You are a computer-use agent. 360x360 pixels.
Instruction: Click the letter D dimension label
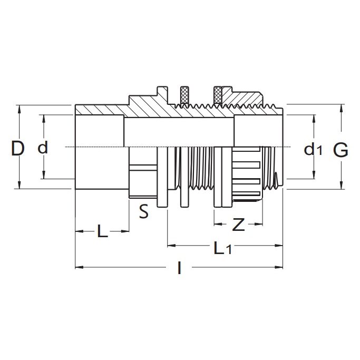18,149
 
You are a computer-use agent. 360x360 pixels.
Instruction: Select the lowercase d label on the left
43,149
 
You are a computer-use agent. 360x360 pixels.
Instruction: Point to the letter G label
340,150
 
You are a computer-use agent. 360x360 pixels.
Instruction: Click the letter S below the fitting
143,212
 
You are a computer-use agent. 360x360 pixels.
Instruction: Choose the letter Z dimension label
239,225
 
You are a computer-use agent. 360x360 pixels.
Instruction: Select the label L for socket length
102,232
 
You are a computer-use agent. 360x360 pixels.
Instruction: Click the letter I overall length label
180,269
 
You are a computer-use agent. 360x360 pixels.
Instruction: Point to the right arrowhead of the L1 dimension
281,245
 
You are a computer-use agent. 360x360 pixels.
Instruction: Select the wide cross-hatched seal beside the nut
219,95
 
